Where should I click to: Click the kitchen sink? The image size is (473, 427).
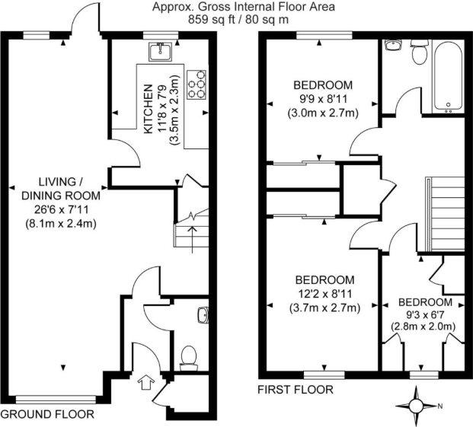(161, 51)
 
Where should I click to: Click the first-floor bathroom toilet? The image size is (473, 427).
(419, 53)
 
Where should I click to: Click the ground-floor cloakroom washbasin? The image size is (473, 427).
(201, 314)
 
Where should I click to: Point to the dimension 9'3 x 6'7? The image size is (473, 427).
(423, 312)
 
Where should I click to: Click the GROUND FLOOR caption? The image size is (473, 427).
(47, 415)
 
